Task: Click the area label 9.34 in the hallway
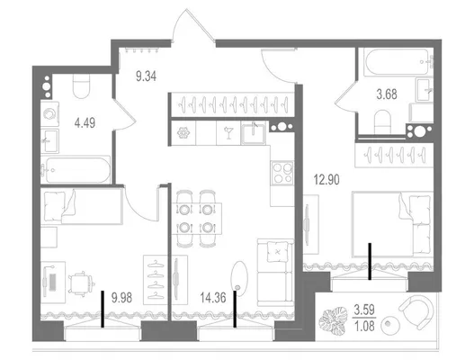point(146,76)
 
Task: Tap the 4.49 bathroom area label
point(85,122)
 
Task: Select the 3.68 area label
point(387,94)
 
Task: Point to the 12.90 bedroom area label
point(326,180)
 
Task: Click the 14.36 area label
point(213,298)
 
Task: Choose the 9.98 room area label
point(121,298)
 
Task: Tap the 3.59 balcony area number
point(364,310)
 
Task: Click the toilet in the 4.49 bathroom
point(81,86)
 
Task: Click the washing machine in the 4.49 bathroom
point(49,113)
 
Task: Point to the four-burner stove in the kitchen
point(282,173)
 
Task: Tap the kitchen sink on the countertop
point(254,133)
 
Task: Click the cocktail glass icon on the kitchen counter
point(228,133)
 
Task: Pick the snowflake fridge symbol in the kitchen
point(183,133)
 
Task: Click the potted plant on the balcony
point(334,321)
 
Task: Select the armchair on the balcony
point(417,311)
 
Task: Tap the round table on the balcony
point(390,325)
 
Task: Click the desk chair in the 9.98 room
point(82,283)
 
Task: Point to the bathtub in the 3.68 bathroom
point(397,62)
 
